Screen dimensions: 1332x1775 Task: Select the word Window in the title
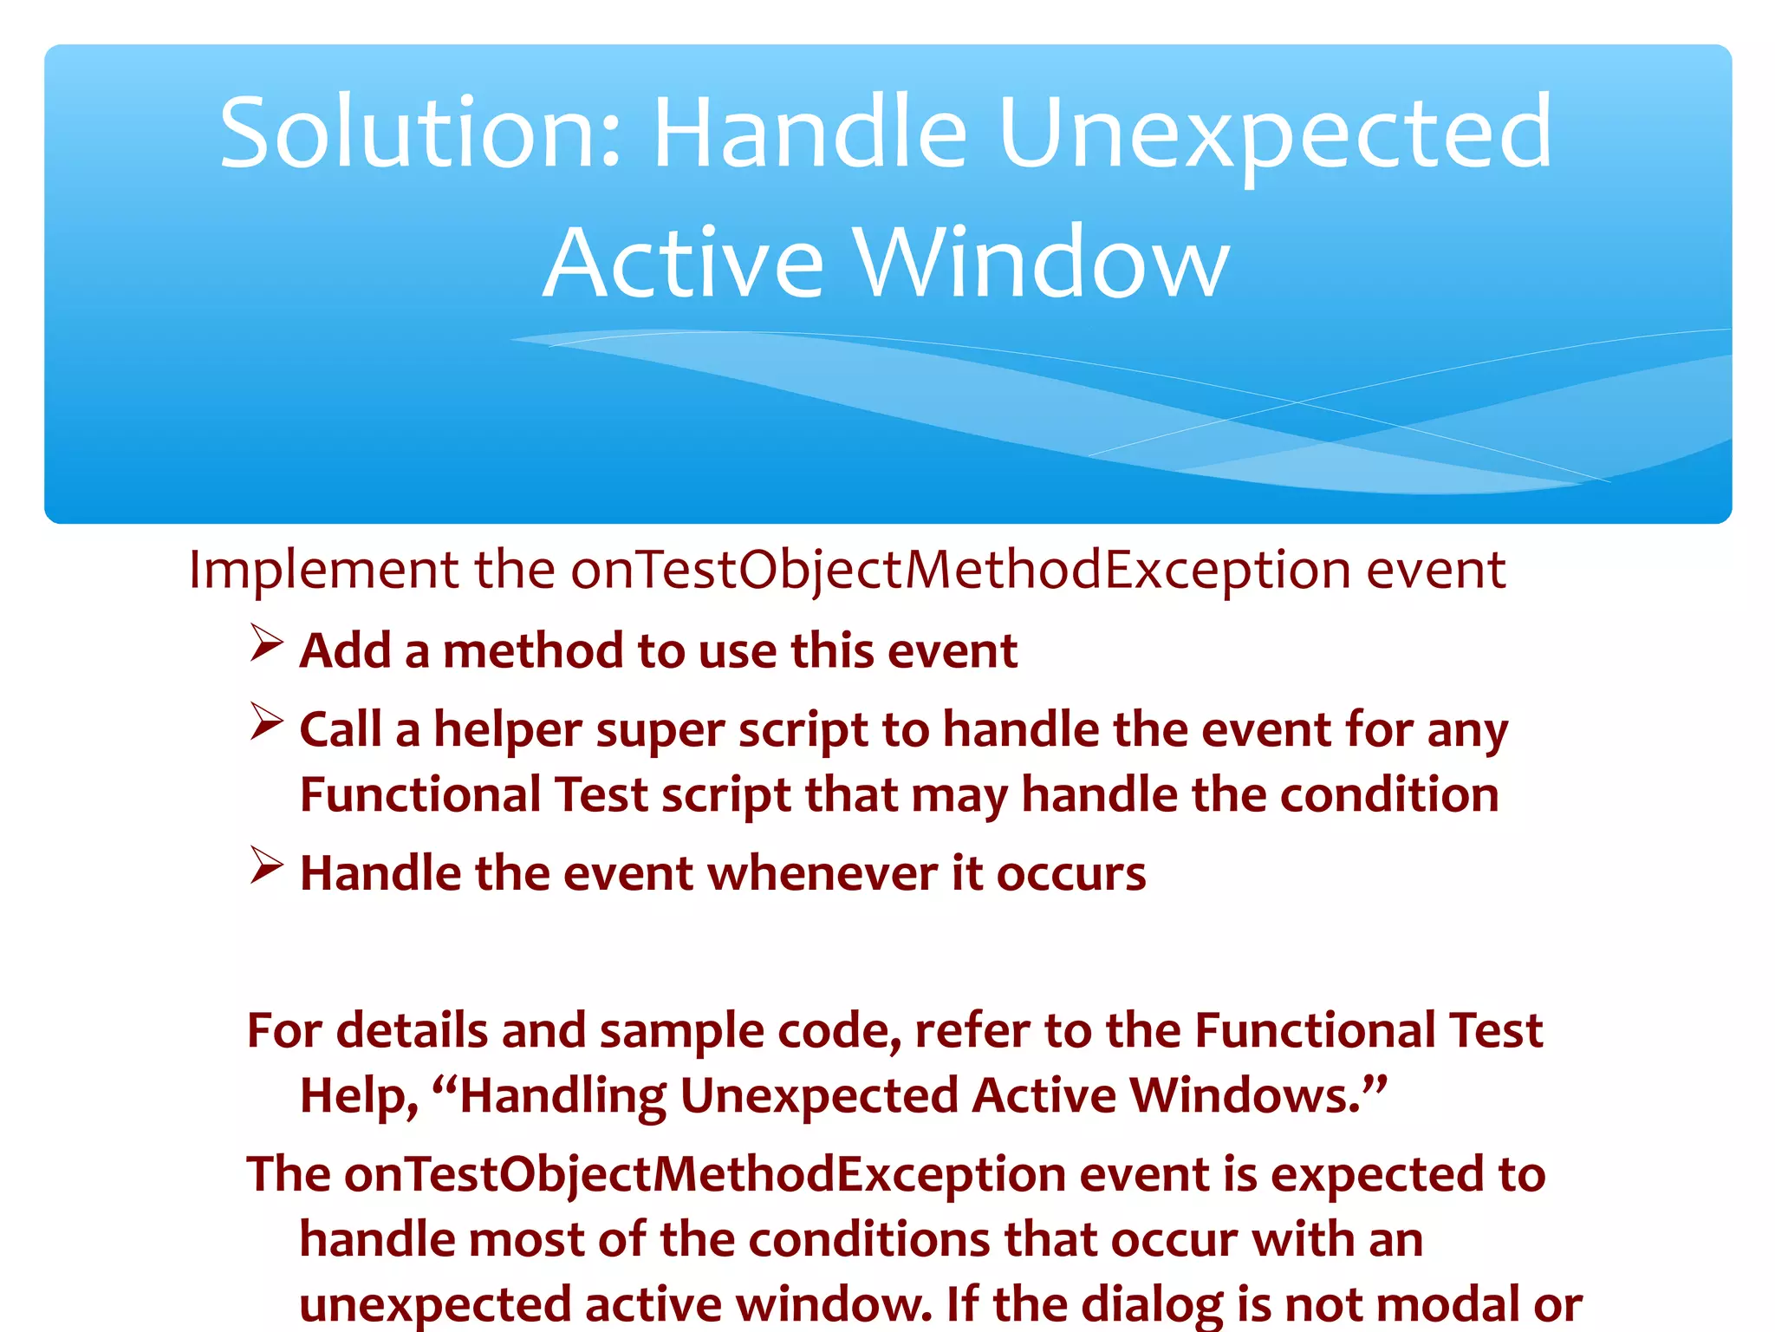1041,263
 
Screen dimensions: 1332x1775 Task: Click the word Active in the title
684,263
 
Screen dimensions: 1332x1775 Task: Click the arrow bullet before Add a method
266,643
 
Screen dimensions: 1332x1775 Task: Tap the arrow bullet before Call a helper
266,722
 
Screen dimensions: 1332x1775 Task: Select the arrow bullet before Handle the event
266,865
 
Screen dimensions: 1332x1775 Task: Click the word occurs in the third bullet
1070,873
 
